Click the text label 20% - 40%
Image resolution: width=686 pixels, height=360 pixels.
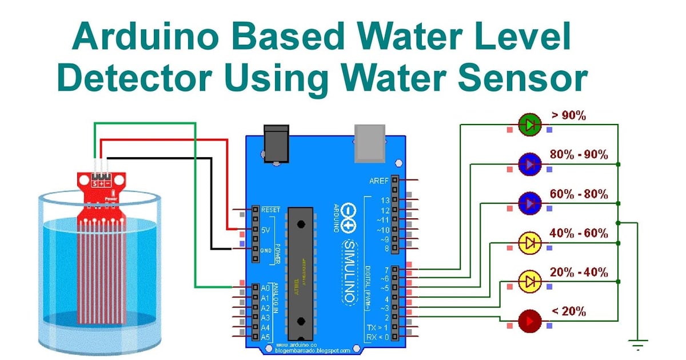coord(579,272)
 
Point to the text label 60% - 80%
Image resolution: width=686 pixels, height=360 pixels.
coord(579,194)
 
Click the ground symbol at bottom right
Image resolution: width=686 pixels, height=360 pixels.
coord(636,345)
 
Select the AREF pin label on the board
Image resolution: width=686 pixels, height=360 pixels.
coord(378,181)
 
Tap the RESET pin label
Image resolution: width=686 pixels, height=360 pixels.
coord(270,210)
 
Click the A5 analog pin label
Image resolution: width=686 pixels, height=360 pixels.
coord(265,338)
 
